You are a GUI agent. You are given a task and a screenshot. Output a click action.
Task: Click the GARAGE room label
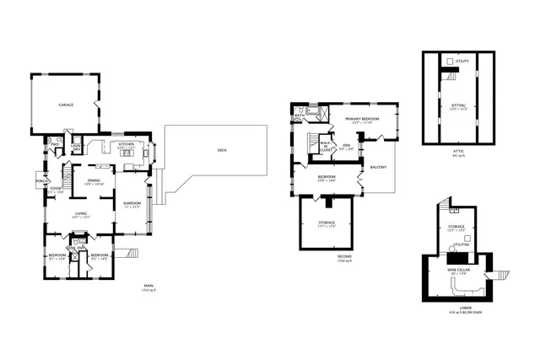pyautogui.click(x=65, y=105)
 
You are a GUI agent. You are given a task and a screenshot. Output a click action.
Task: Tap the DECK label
pyautogui.click(x=223, y=150)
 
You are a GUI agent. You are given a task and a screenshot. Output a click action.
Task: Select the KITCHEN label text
pyautogui.click(x=127, y=144)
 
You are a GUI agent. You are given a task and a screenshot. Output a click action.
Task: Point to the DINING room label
pyautogui.click(x=94, y=180)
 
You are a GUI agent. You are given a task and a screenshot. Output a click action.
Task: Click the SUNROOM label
pyautogui.click(x=132, y=203)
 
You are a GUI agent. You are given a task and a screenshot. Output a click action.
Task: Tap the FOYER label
pyautogui.click(x=56, y=190)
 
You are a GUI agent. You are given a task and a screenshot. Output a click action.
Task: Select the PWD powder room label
pyautogui.click(x=54, y=144)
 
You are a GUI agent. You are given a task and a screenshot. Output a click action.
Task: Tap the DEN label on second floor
pyautogui.click(x=346, y=146)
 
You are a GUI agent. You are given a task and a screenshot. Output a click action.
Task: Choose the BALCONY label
pyautogui.click(x=379, y=167)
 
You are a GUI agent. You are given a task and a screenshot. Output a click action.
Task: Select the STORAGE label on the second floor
pyautogui.click(x=327, y=223)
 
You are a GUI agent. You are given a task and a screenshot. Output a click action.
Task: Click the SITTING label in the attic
pyautogui.click(x=458, y=105)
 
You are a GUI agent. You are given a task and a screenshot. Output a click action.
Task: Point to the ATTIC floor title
pyautogui.click(x=458, y=152)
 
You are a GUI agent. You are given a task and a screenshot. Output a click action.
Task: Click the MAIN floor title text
pyautogui.click(x=148, y=287)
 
